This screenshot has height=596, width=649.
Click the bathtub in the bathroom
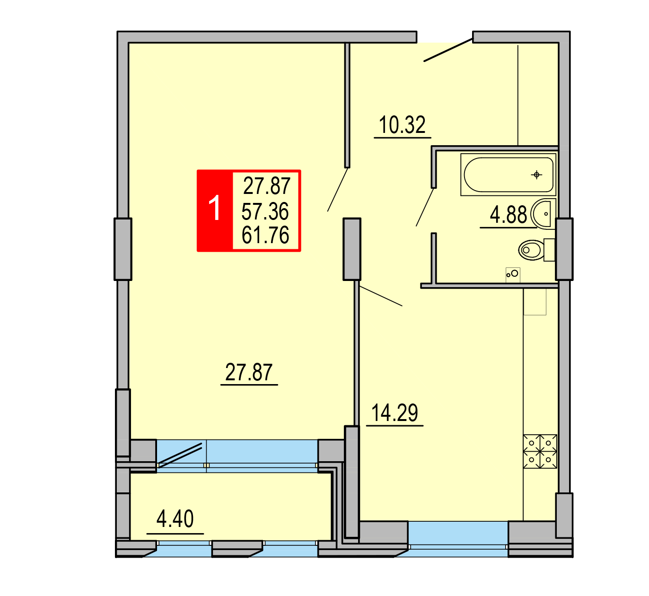[508, 175]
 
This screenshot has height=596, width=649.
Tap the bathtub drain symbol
[536, 175]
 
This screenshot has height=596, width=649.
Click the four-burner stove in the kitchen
[540, 451]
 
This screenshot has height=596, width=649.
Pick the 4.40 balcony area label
[175, 518]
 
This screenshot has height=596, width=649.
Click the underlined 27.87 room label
[249, 372]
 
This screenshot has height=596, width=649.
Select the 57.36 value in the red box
[265, 211]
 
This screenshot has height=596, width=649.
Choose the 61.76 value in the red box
[265, 235]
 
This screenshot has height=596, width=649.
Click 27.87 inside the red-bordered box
[267, 186]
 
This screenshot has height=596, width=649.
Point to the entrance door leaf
[448, 50]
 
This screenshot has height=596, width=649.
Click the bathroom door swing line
[425, 207]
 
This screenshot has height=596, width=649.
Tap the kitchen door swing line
[381, 296]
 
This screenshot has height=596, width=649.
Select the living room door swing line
[338, 189]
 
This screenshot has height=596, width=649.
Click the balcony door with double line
[180, 455]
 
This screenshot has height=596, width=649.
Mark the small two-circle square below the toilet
[513, 274]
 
